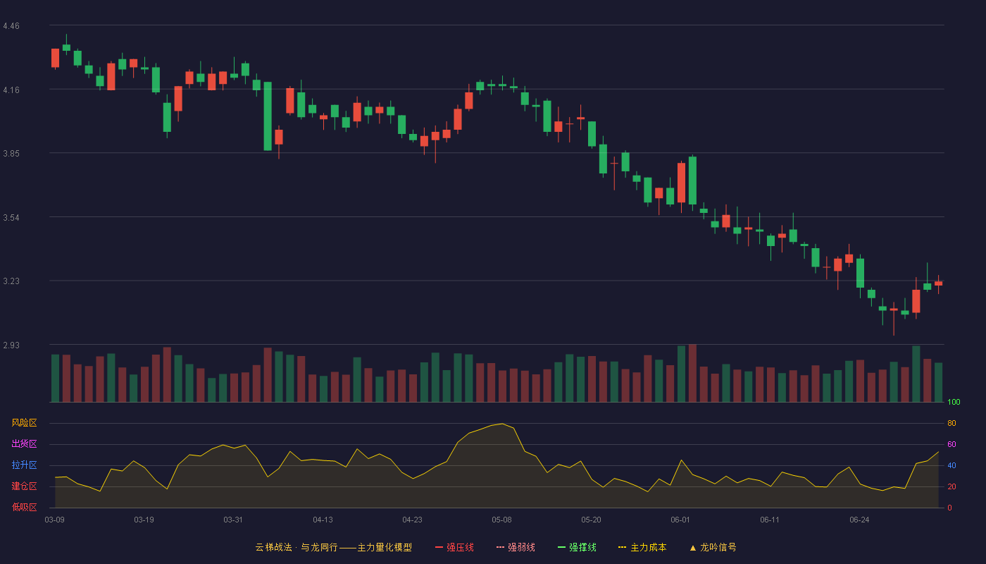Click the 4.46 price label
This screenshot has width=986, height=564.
click(11, 26)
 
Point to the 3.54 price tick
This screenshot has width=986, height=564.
click(11, 218)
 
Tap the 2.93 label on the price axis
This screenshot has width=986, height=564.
click(11, 345)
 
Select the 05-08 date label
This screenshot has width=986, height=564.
click(501, 520)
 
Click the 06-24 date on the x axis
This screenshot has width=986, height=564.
click(859, 520)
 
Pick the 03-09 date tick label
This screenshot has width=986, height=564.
click(55, 520)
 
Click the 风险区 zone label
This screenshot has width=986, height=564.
click(24, 423)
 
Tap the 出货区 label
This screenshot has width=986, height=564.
click(24, 443)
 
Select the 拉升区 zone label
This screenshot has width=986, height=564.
click(24, 465)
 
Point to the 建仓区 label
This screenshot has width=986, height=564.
click(24, 486)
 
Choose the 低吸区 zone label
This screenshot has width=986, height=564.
click(24, 507)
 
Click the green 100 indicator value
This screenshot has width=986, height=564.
click(954, 402)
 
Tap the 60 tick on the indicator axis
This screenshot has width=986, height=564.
click(951, 444)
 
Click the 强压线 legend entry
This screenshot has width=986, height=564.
click(454, 547)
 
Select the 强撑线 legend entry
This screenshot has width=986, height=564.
click(577, 547)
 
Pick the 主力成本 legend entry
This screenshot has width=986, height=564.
click(642, 547)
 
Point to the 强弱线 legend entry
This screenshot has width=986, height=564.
click(516, 547)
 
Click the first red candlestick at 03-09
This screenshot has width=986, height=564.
click(55, 58)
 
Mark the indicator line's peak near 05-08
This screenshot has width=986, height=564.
click(502, 424)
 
